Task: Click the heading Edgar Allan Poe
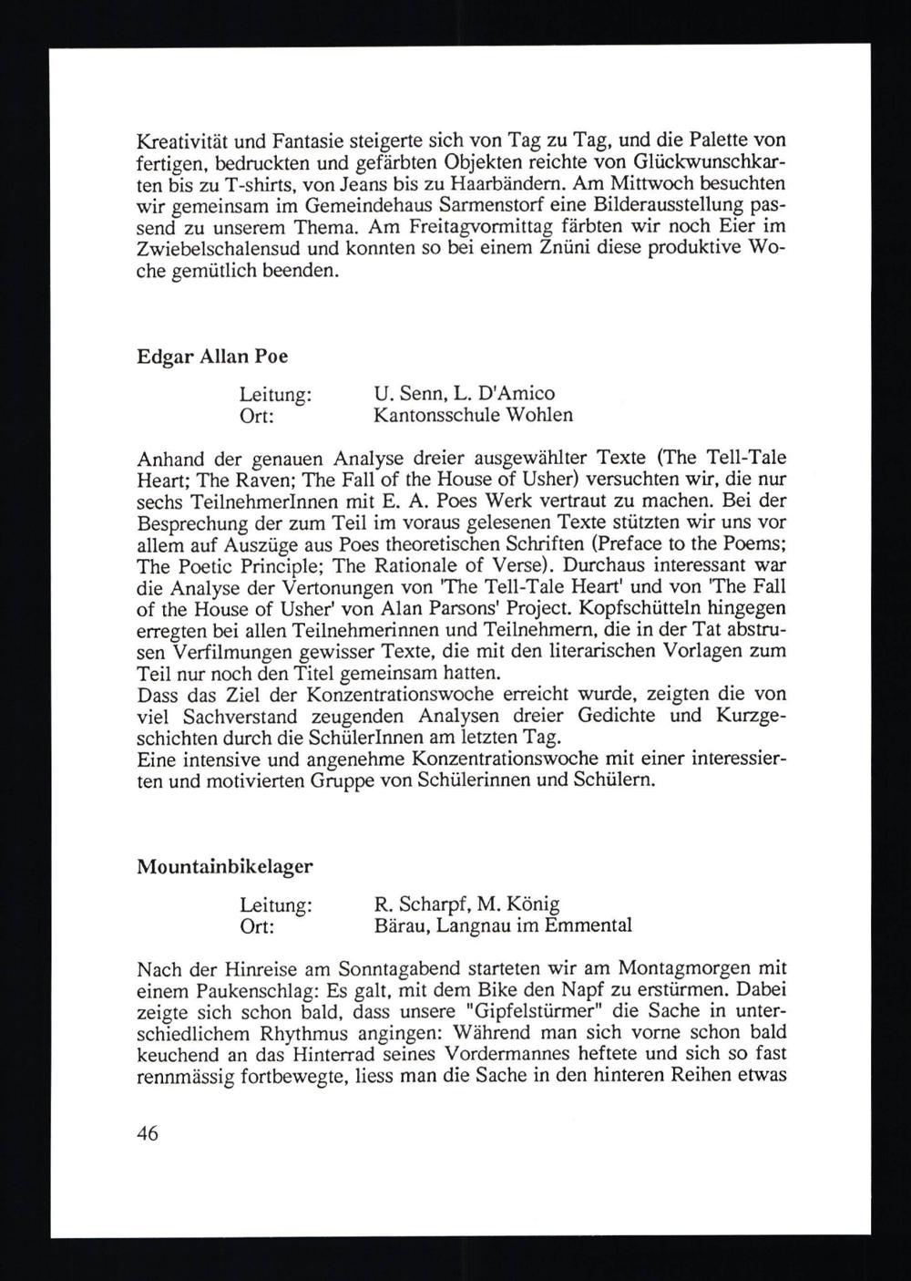pyautogui.click(x=199, y=356)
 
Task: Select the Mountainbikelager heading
pyautogui.click(x=224, y=867)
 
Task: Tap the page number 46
pyautogui.click(x=147, y=1133)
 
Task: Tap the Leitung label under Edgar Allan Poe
pyautogui.click(x=276, y=394)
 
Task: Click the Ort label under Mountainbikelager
pyautogui.click(x=257, y=926)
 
